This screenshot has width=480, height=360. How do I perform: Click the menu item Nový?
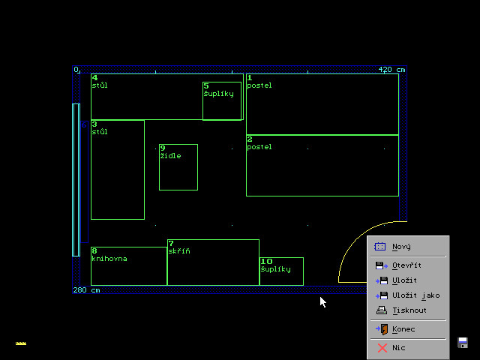click(x=401, y=247)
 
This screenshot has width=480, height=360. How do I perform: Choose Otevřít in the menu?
click(x=406, y=265)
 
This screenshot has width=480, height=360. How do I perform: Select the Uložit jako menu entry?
click(x=416, y=295)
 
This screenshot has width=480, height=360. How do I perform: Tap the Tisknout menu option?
click(x=409, y=310)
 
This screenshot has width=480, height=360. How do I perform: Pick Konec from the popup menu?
click(x=403, y=329)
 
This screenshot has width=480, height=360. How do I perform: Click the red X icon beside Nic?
click(x=382, y=348)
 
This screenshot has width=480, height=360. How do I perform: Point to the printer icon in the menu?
click(x=382, y=310)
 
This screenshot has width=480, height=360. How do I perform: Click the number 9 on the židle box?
click(x=163, y=148)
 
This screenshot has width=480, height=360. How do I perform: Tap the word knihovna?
click(x=109, y=259)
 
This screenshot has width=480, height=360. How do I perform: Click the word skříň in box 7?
click(x=179, y=251)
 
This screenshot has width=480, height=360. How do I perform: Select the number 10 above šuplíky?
click(x=266, y=262)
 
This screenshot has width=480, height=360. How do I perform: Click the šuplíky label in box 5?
click(x=218, y=94)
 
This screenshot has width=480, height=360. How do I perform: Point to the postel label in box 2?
click(x=259, y=147)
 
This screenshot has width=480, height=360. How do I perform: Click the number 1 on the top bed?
click(x=250, y=78)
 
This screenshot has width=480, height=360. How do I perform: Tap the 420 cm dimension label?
click(x=391, y=70)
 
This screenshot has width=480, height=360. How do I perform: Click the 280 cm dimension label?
click(x=87, y=290)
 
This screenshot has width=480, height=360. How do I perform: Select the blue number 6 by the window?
click(x=84, y=125)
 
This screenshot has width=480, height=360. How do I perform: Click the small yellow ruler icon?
click(x=21, y=343)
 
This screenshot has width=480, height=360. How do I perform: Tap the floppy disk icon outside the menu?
click(x=463, y=343)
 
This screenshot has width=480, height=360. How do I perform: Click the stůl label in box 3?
click(x=100, y=132)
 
